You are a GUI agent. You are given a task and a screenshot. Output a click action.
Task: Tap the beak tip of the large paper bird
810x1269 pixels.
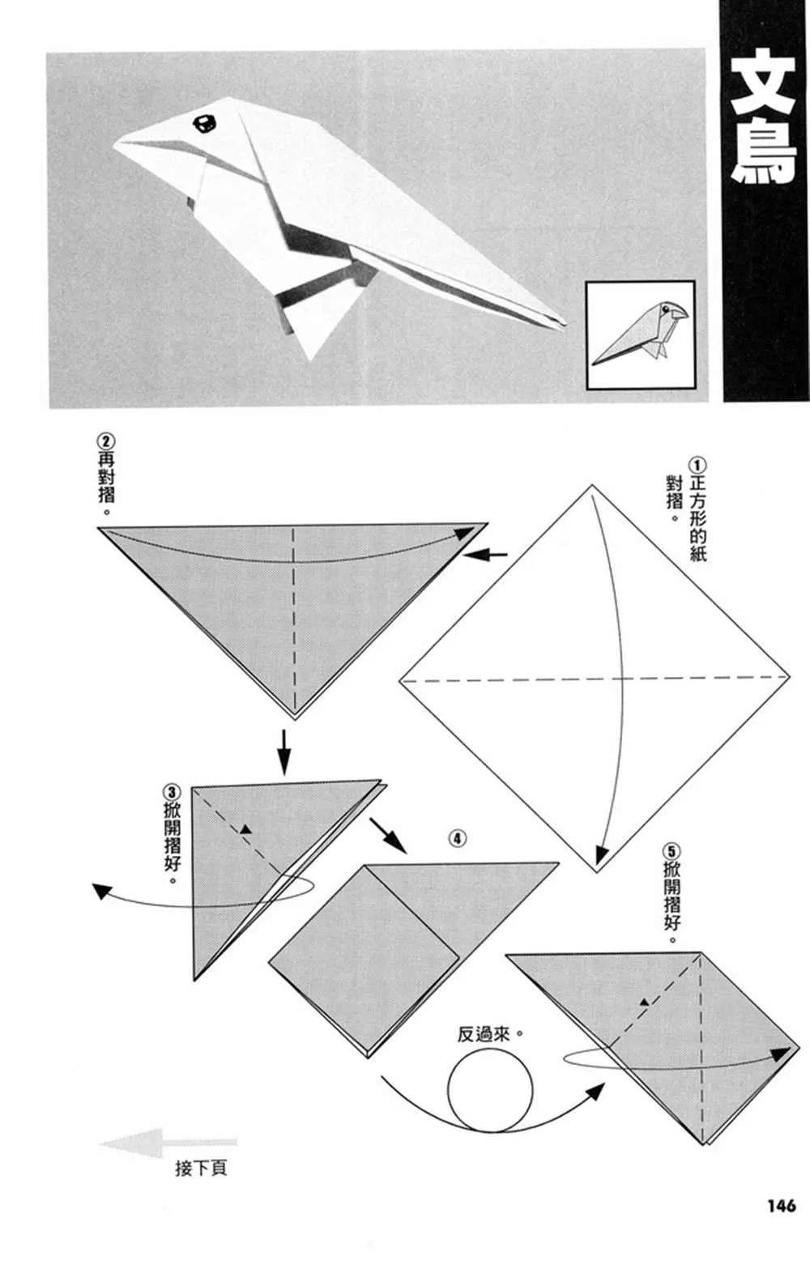click(x=114, y=147)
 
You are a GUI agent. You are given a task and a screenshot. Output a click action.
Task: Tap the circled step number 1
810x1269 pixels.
click(x=697, y=465)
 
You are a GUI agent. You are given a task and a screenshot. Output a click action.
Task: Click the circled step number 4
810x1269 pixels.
click(x=458, y=838)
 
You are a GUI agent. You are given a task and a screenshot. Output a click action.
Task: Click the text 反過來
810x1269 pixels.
click(x=484, y=1034)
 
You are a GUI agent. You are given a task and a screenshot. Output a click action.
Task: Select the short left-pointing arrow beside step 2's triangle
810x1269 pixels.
click(x=485, y=555)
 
